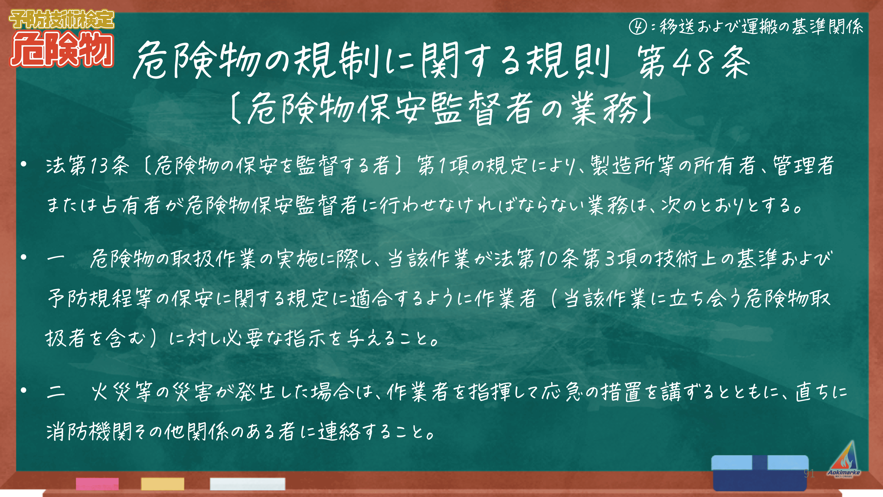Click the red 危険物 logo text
tap(62, 49)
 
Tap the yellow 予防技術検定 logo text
tap(62, 19)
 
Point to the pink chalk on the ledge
tap(97, 484)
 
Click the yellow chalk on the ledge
tap(163, 484)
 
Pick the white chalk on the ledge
tap(247, 484)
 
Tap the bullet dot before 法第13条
tap(23, 165)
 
